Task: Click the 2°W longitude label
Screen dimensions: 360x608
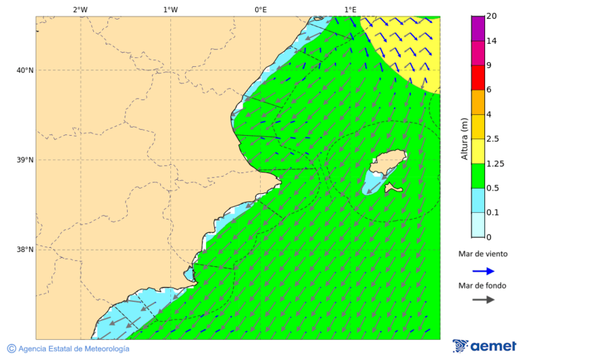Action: point(80,9)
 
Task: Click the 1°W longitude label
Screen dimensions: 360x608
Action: point(170,9)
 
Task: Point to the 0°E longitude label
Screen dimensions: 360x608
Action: point(260,9)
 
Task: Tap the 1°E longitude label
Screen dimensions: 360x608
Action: point(350,9)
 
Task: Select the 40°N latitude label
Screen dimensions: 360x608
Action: point(26,70)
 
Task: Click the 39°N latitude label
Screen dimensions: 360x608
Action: point(26,160)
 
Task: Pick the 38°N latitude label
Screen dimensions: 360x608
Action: point(26,250)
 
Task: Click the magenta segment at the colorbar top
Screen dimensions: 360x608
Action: point(478,28)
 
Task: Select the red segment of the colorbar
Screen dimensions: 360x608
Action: point(478,78)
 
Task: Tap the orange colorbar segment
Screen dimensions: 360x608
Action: point(478,102)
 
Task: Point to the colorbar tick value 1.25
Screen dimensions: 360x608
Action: point(496,163)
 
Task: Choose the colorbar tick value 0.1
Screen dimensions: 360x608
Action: point(492,213)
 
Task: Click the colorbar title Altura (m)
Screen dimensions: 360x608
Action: point(464,138)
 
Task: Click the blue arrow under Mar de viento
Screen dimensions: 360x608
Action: point(483,271)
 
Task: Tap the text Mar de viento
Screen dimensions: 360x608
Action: point(482,254)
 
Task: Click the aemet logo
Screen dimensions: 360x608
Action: point(484,346)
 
